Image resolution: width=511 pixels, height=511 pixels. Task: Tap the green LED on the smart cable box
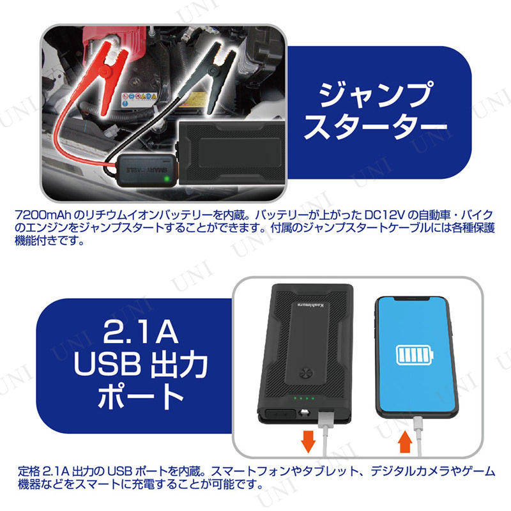(x=167, y=179)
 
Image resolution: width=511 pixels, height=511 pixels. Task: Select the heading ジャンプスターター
(x=376, y=111)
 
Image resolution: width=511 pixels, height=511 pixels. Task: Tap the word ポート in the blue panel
(x=141, y=396)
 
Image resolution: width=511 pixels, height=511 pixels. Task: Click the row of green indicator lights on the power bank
(x=303, y=398)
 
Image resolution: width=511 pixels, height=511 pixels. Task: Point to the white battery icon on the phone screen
(x=415, y=355)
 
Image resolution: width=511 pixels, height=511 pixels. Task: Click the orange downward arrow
(x=308, y=441)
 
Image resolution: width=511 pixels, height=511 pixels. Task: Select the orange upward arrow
(x=406, y=441)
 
